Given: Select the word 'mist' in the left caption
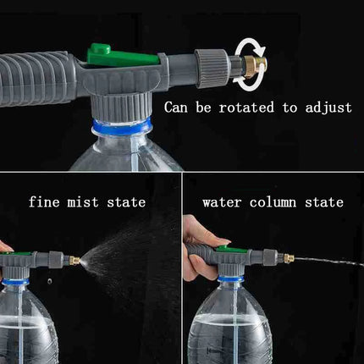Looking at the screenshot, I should click(85, 202).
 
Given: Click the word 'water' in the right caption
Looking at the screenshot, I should click(222, 202).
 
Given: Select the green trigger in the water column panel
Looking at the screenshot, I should click(233, 251).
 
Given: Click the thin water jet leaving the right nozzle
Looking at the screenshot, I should click(330, 262).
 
